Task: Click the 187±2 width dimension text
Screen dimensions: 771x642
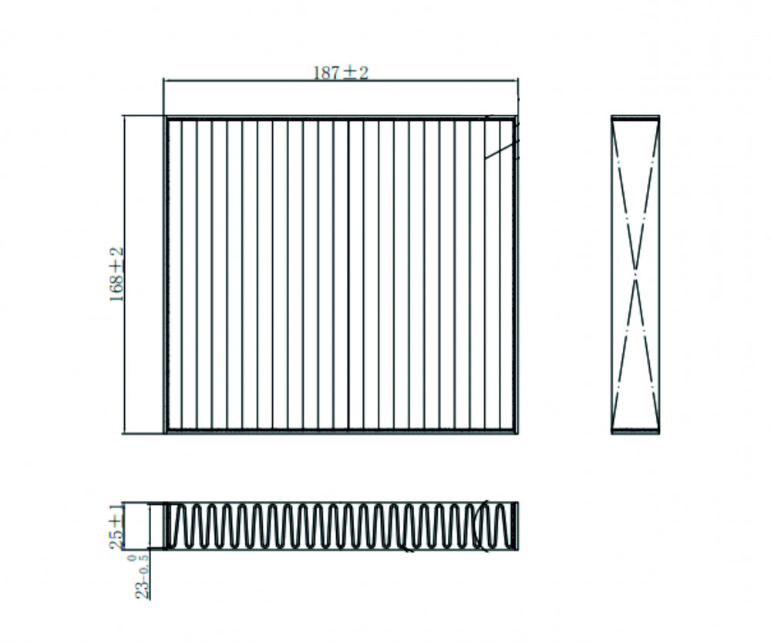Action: point(341,72)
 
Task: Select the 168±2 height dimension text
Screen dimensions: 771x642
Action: point(116,274)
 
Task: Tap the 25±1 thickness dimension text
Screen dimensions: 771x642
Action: point(116,526)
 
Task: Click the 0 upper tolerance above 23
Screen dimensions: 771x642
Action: point(131,557)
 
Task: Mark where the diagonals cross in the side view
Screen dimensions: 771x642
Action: point(635,274)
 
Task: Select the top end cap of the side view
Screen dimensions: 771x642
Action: point(635,118)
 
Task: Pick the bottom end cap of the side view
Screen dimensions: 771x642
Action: point(635,431)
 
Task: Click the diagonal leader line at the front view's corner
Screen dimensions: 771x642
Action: point(502,150)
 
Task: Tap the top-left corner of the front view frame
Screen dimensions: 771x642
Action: point(166,117)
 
